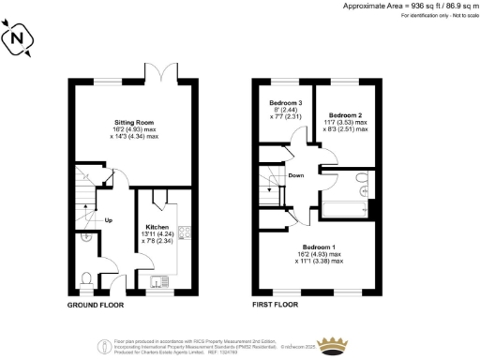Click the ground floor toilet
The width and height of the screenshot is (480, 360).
(85, 278)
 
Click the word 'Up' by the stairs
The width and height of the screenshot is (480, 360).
(109, 222)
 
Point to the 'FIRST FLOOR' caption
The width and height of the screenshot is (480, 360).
(276, 307)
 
